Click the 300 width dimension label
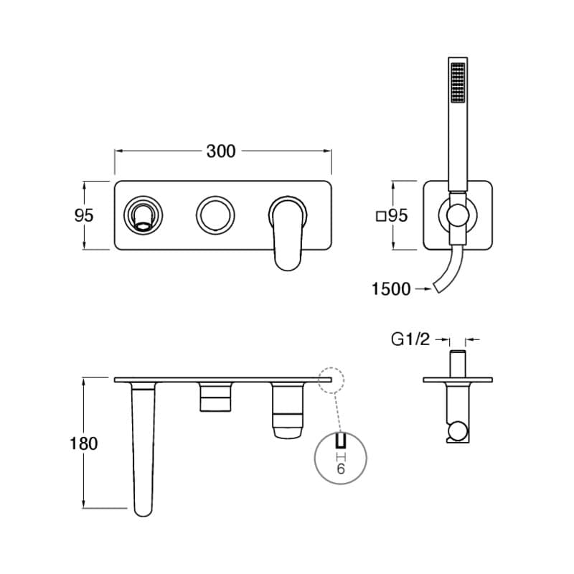(x=221, y=151)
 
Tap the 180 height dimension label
(x=84, y=443)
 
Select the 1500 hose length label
(x=391, y=289)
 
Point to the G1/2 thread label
(x=410, y=339)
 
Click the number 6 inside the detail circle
(x=341, y=469)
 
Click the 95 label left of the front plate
(x=84, y=215)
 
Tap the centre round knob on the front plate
(x=215, y=215)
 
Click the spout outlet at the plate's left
(x=143, y=215)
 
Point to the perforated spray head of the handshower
(x=456, y=85)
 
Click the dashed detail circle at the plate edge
(x=331, y=380)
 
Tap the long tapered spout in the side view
(x=144, y=445)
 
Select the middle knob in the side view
(x=215, y=397)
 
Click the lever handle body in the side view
(x=288, y=409)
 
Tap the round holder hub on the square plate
(x=457, y=215)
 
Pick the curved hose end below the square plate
(x=448, y=273)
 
